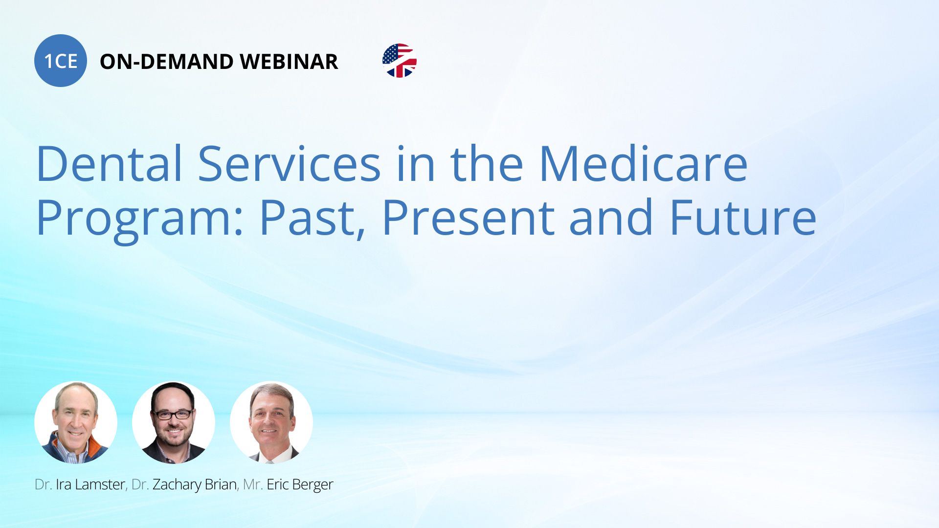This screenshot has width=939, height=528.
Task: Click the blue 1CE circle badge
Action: pos(61,61)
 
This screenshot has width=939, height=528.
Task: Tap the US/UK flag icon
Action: pos(400,61)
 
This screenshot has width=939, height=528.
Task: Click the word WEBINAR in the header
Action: pos(289,62)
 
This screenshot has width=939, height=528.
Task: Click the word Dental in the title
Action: pos(110,163)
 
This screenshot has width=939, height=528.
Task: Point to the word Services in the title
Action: pos(289,163)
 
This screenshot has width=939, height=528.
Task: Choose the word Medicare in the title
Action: pos(643,163)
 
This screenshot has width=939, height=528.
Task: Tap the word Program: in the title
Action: pos(140,219)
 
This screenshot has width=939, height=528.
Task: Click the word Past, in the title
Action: pos(313,219)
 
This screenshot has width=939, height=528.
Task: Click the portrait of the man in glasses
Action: pos(174,422)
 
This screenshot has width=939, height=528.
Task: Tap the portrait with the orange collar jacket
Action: pos(76,422)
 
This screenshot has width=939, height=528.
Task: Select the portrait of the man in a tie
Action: pos(271,422)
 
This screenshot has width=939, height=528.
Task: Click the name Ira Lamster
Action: pos(90,484)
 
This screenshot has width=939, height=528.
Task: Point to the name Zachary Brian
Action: pos(195,485)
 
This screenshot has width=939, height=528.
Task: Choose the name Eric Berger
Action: pos(300,485)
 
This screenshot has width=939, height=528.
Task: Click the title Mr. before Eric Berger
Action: pos(253,484)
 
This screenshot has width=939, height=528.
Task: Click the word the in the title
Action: pos(487,163)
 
